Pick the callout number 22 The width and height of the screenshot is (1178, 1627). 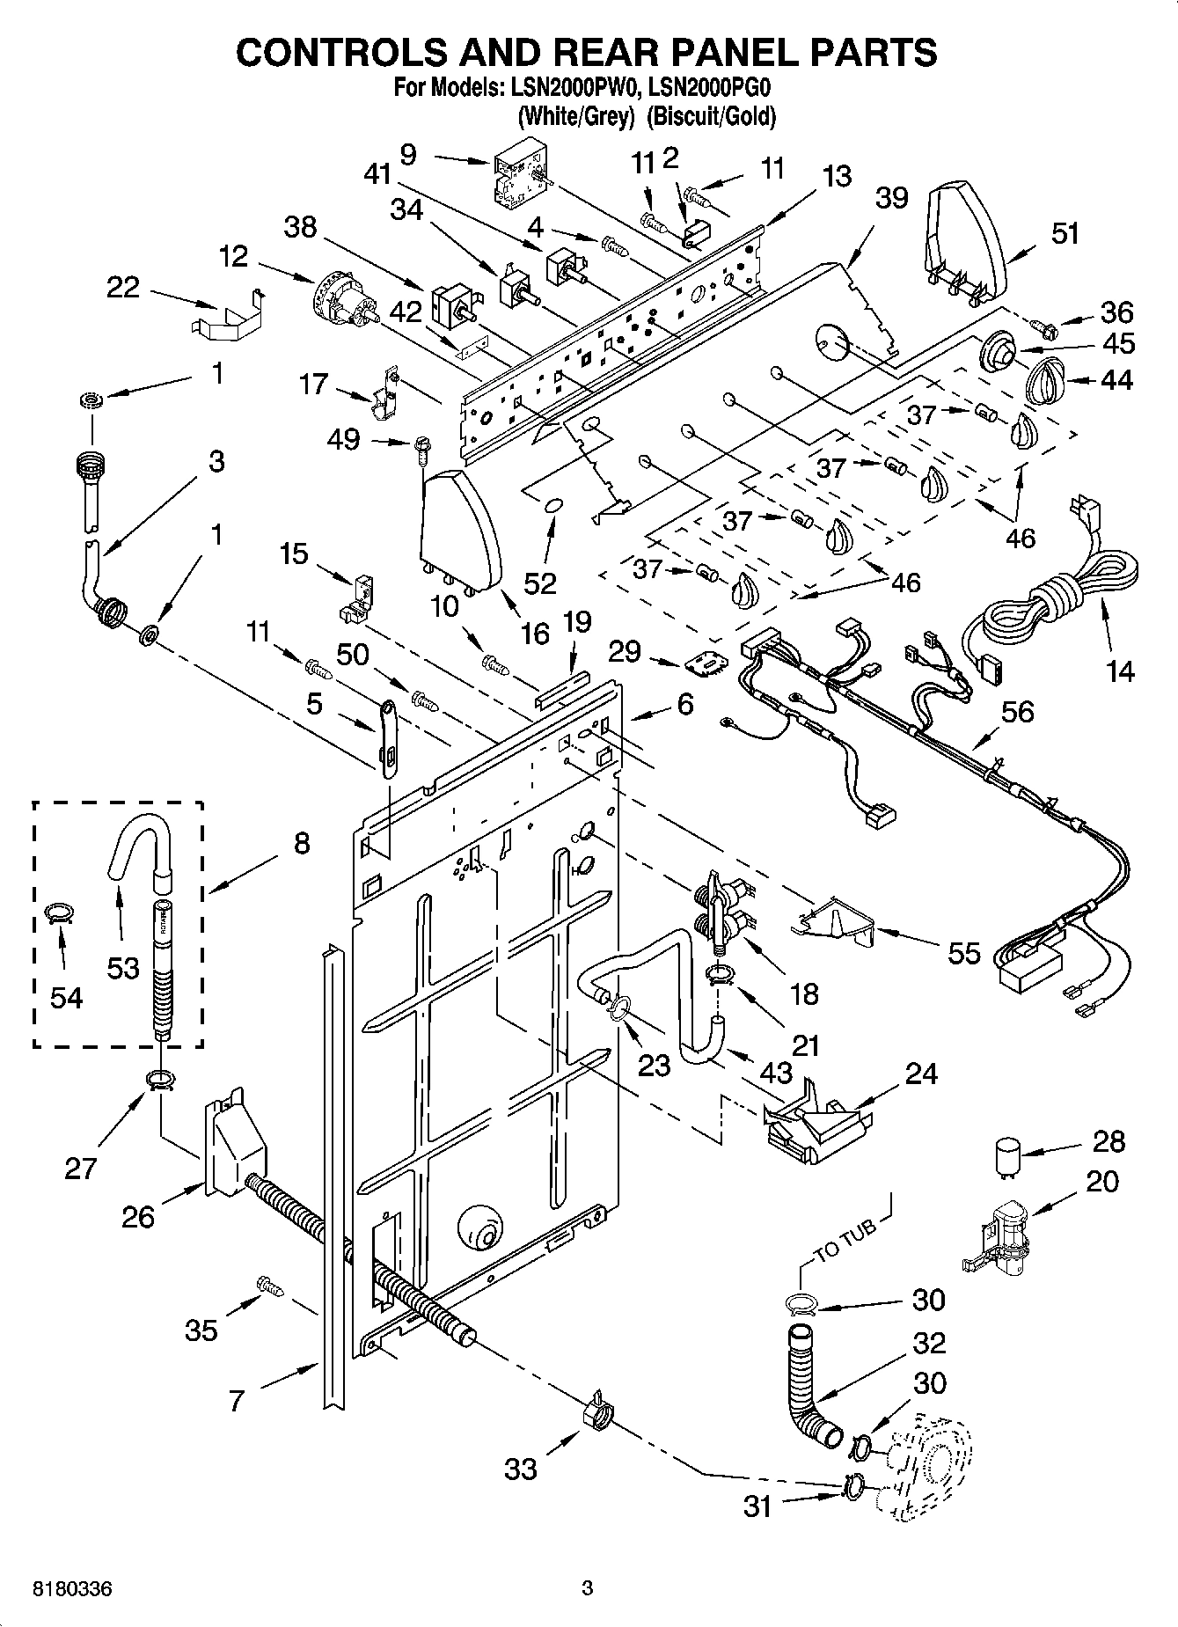(x=122, y=287)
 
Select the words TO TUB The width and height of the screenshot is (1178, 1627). (x=845, y=1242)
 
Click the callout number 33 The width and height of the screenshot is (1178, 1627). (x=521, y=1467)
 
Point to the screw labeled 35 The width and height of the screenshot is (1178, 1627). (x=268, y=1286)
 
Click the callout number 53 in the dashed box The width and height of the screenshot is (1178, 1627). (x=123, y=968)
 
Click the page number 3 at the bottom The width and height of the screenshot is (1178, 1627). (x=588, y=1588)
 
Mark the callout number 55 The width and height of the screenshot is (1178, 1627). (x=963, y=951)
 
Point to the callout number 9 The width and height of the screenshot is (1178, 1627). (x=407, y=155)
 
